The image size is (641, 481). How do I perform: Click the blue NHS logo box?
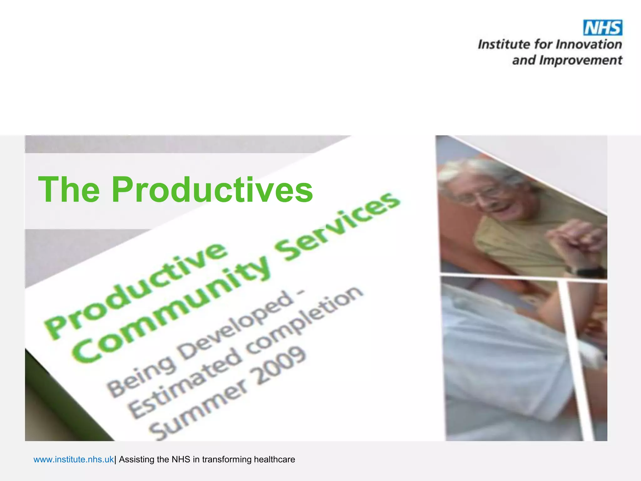click(x=603, y=28)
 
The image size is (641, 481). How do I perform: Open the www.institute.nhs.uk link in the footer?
click(x=74, y=459)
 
